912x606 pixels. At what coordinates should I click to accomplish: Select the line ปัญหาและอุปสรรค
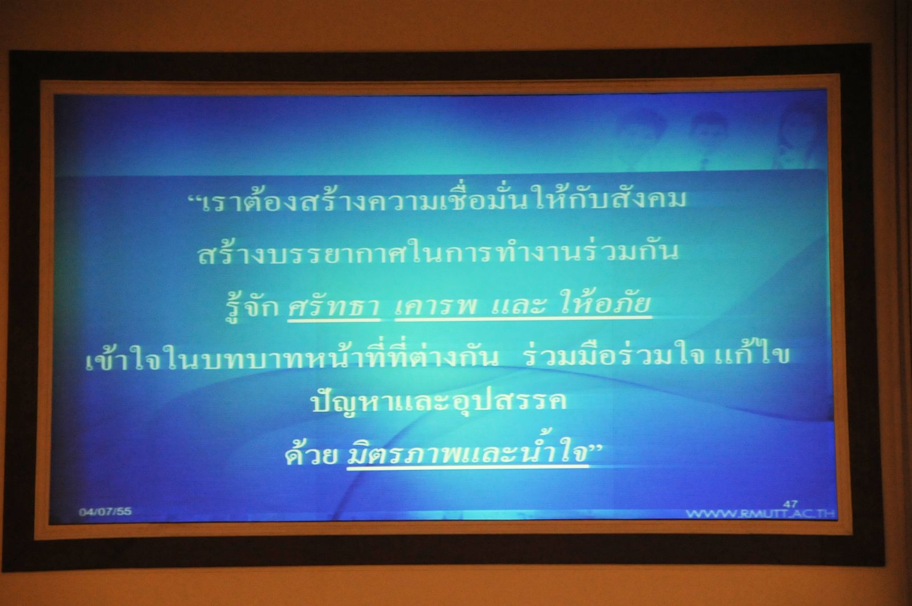pyautogui.click(x=438, y=403)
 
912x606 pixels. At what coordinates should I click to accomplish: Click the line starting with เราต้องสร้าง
pyautogui.click(x=438, y=200)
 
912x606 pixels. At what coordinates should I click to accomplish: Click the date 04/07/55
pyautogui.click(x=105, y=511)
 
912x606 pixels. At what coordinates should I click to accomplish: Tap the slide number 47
pyautogui.click(x=790, y=504)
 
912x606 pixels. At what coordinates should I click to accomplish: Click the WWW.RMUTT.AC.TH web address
pyautogui.click(x=760, y=514)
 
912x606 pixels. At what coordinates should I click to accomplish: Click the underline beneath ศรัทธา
pyautogui.click(x=334, y=320)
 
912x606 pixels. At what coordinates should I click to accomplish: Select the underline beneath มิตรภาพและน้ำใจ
pyautogui.click(x=467, y=467)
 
